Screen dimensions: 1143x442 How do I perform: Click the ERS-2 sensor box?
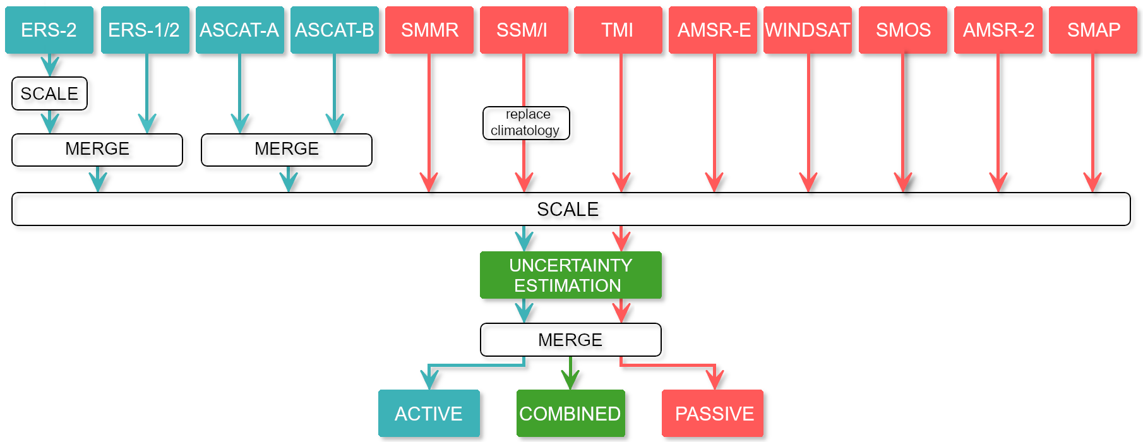tap(49, 30)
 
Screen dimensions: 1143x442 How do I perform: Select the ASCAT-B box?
tap(335, 30)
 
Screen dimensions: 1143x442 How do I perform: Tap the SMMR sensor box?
tap(429, 30)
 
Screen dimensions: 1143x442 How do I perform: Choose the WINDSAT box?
tap(808, 30)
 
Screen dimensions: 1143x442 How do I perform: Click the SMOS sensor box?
tap(903, 30)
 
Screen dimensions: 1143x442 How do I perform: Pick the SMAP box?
tap(1093, 30)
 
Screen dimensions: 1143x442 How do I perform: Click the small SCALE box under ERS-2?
tap(49, 93)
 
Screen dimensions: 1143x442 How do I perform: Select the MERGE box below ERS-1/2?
tap(97, 150)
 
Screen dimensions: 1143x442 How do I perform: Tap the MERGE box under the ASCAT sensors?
tap(287, 150)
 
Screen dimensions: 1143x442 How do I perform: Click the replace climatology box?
tap(526, 122)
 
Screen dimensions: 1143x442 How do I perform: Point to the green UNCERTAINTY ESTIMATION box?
tap(571, 275)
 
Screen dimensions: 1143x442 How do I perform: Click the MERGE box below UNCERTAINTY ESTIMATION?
tap(571, 340)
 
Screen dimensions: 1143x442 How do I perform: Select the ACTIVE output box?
tap(429, 413)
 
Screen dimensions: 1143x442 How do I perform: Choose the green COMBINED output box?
tap(571, 413)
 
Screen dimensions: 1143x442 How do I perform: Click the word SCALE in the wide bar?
tap(568, 209)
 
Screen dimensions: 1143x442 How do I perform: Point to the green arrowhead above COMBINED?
tap(571, 380)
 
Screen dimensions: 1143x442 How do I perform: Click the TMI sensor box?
tap(618, 30)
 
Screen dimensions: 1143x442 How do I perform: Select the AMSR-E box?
tap(713, 30)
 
